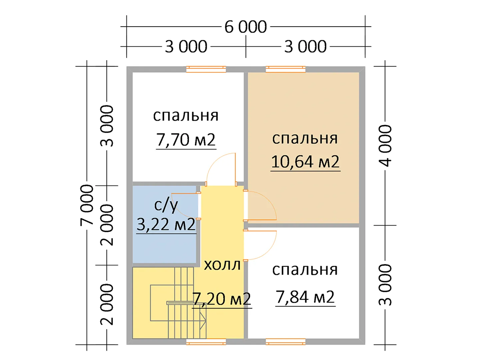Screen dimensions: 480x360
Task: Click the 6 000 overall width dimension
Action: (x=245, y=27)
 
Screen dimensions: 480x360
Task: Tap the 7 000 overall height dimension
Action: (x=87, y=205)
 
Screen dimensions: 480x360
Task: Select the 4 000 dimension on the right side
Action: (x=385, y=146)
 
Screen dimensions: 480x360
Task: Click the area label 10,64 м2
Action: (x=305, y=162)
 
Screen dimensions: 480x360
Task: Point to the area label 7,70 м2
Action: (x=186, y=140)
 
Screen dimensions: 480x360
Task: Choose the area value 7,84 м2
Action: (x=305, y=297)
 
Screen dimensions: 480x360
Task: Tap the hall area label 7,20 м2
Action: (x=222, y=299)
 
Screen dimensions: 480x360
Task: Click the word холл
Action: (x=222, y=265)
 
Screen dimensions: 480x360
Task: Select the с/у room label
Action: (x=166, y=205)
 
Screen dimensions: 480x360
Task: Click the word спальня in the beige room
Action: (x=305, y=138)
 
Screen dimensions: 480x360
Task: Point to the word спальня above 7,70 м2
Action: (x=186, y=116)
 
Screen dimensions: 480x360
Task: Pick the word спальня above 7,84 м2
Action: (x=305, y=270)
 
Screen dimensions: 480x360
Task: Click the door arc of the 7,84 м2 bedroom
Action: (x=269, y=251)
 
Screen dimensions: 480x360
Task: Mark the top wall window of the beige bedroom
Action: (x=285, y=69)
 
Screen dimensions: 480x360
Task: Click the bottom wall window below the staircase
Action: (x=206, y=342)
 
